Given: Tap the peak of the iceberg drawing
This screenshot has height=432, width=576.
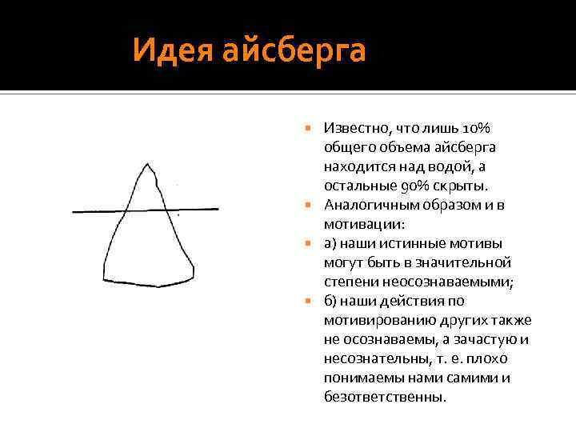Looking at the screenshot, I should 146,165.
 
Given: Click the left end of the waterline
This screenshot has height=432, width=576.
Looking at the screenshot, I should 74,212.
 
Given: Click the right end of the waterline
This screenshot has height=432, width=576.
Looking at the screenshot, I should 218,210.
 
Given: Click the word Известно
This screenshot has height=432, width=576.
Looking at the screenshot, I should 353,128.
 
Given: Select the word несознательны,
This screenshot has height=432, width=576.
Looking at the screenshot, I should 372,358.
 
